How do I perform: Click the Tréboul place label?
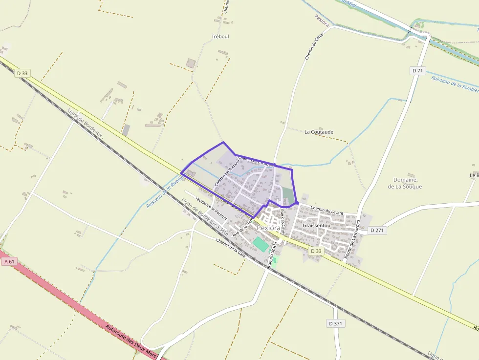[220, 37]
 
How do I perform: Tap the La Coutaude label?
[319, 132]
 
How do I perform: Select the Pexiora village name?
[269, 228]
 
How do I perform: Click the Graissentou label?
[317, 226]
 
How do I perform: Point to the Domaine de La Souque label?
[405, 183]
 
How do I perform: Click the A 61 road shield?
[9, 262]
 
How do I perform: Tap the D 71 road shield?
[417, 71]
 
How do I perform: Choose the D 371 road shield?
[336, 323]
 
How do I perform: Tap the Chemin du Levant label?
[327, 211]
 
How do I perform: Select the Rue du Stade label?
[271, 254]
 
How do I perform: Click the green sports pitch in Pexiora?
[261, 244]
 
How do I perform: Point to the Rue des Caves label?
[282, 222]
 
